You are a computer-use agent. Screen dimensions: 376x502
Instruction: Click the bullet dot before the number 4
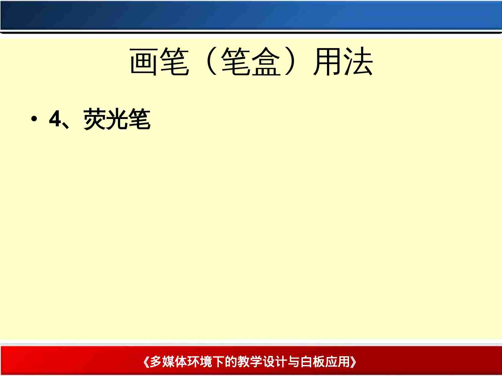pyautogui.click(x=33, y=119)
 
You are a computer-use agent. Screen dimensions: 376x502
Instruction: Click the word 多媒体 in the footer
pyautogui.click(x=168, y=362)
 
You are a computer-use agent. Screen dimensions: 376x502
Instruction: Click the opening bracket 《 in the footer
pyautogui.click(x=146, y=362)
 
